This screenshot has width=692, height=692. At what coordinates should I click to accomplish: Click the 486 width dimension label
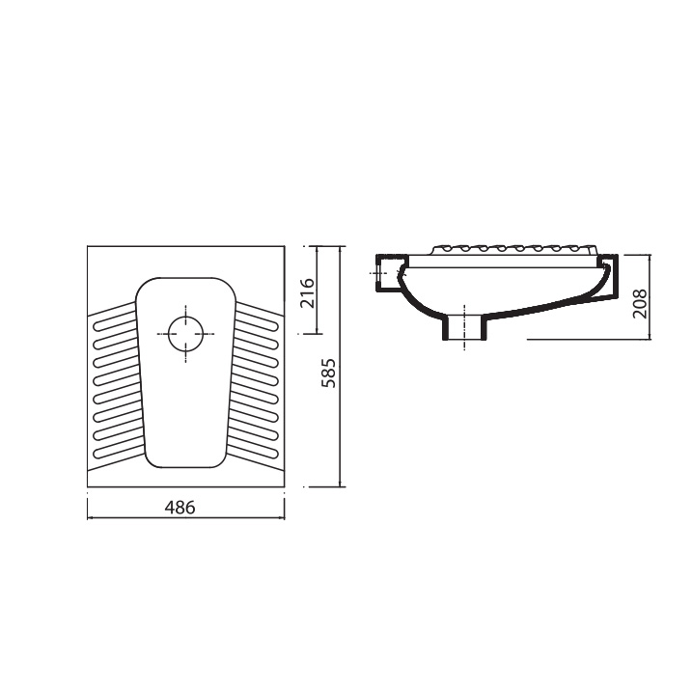[x=180, y=508]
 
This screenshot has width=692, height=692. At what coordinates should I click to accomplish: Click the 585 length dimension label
[x=329, y=373]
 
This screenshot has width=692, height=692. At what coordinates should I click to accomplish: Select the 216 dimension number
[x=307, y=293]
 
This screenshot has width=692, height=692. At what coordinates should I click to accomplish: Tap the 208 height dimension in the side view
[x=640, y=303]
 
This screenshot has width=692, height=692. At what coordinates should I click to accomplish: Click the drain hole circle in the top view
[x=186, y=334]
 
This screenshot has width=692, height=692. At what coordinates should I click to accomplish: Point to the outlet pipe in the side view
[x=464, y=327]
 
